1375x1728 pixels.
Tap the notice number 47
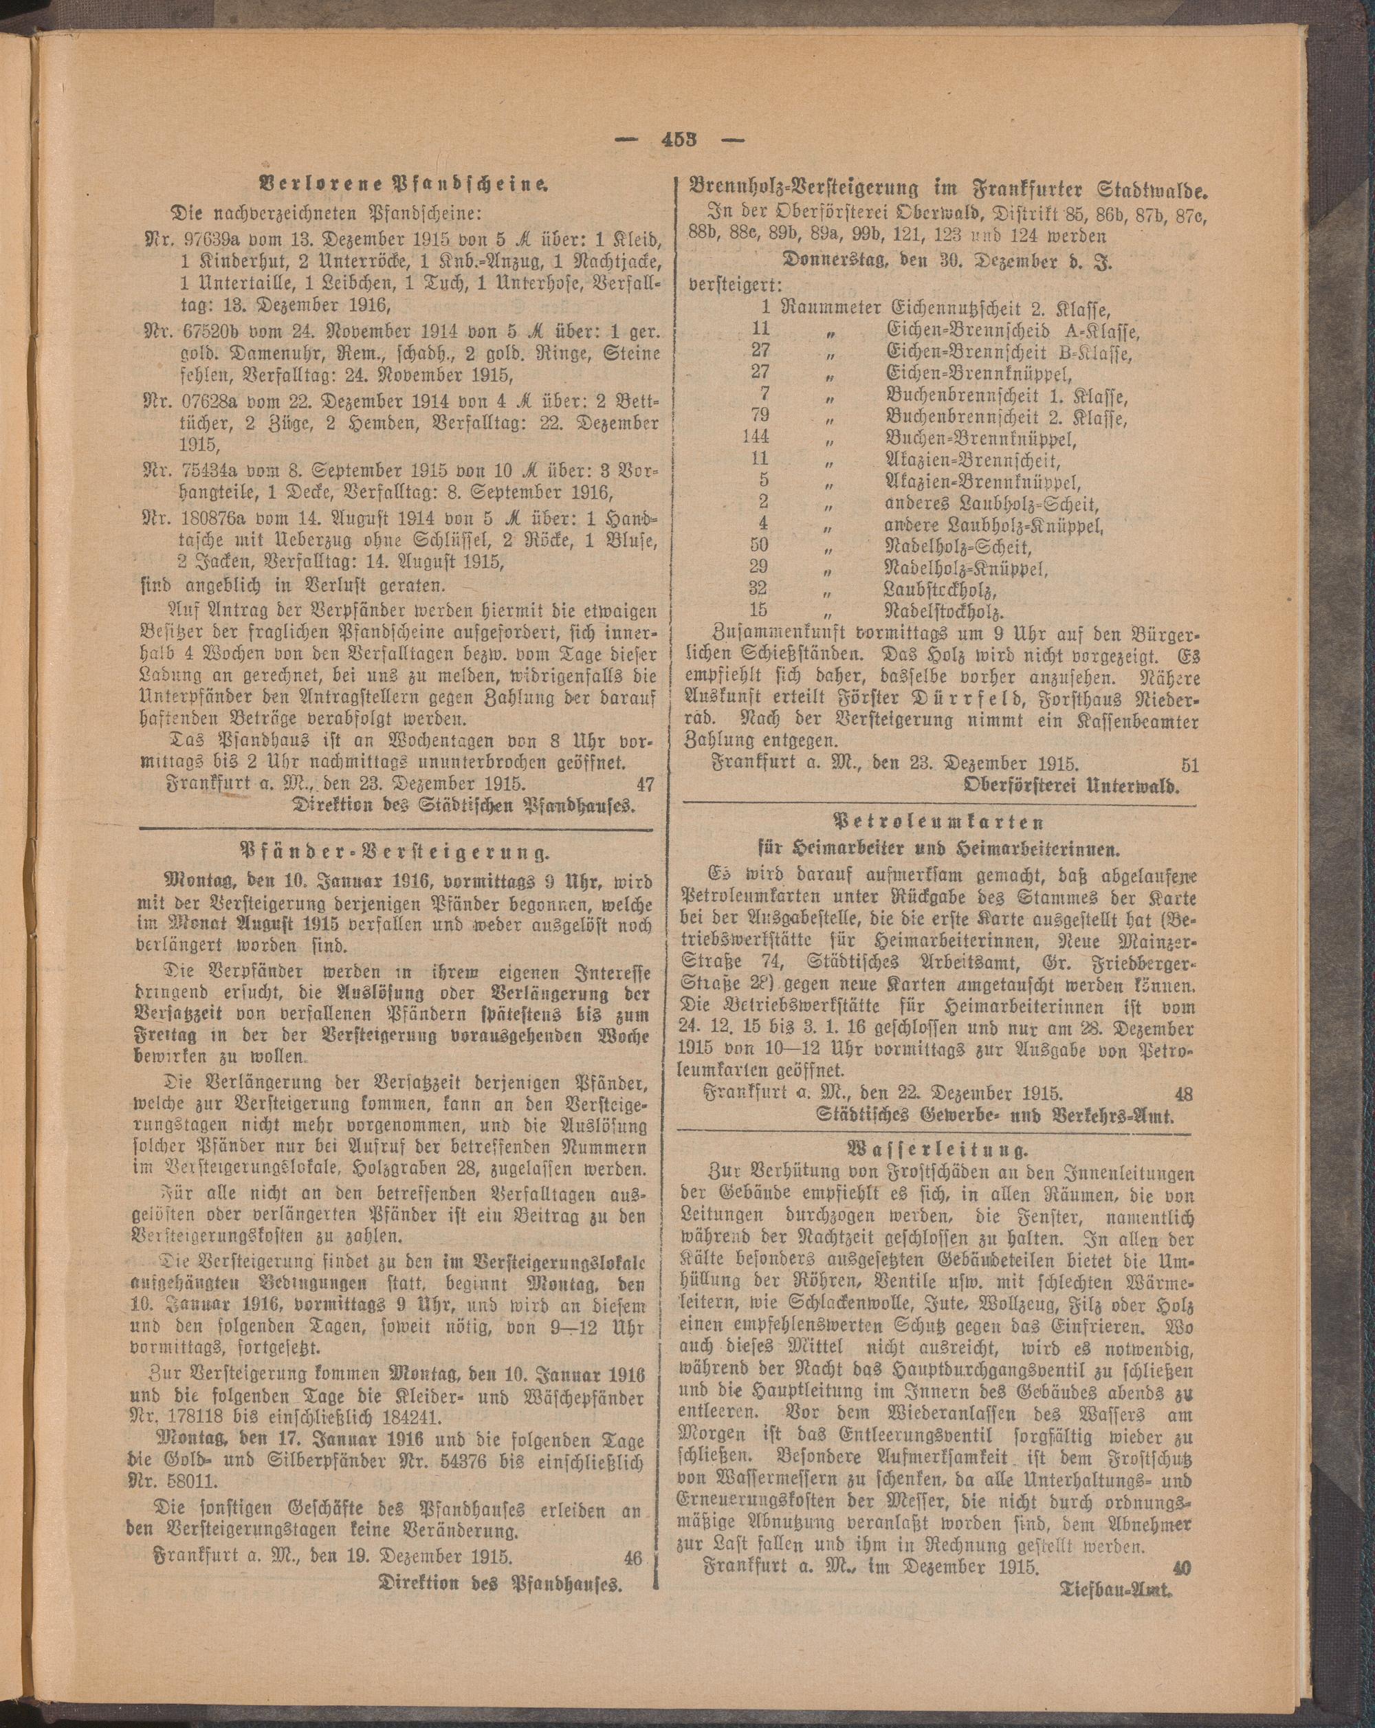[644, 783]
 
